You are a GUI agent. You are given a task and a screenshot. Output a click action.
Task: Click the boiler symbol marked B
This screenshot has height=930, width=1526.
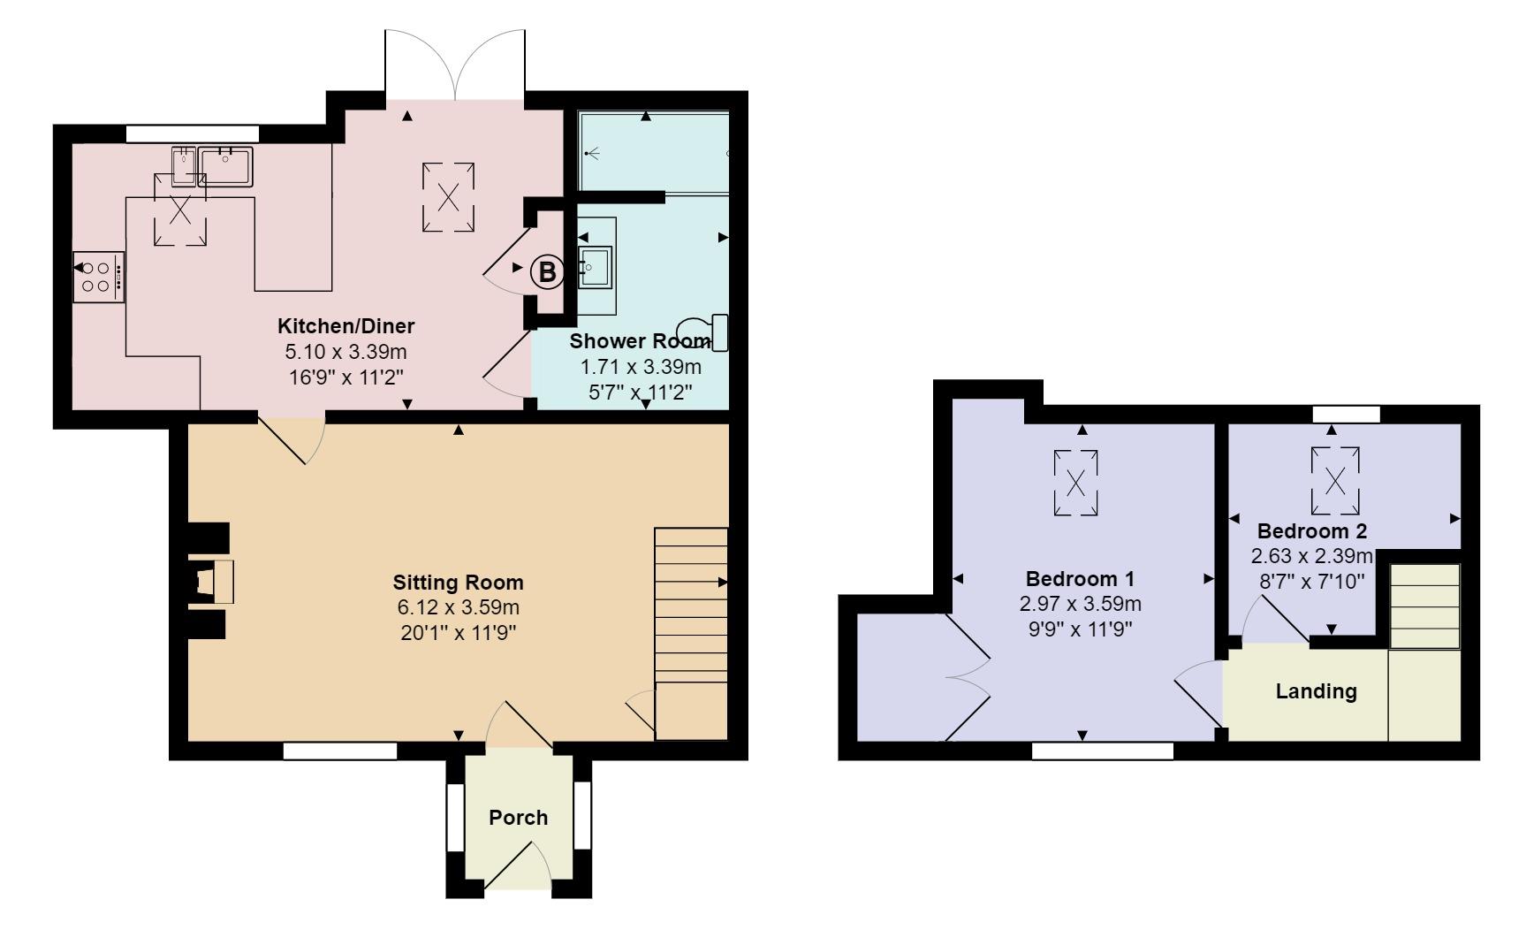547,272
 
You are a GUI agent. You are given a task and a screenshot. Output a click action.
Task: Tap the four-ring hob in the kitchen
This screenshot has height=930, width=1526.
96,276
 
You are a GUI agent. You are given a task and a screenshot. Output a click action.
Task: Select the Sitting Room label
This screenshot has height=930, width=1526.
458,583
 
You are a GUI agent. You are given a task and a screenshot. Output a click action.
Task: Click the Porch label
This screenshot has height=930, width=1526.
519,818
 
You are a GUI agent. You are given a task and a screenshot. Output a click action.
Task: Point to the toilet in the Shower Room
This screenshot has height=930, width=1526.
706,333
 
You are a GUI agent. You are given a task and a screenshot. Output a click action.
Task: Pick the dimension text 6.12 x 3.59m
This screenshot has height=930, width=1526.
458,608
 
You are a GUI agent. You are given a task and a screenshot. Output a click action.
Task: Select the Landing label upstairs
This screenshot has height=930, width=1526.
1316,691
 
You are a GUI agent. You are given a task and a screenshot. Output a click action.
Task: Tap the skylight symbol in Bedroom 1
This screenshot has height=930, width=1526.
1076,484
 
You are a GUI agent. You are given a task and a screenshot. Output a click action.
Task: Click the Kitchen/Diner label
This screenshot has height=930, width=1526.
346,326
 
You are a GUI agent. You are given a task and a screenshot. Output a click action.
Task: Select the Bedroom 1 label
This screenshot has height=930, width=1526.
1080,580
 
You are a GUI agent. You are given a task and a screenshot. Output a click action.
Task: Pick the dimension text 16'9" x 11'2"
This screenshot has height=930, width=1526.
346,377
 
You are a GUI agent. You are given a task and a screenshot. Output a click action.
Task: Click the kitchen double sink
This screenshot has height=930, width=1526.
213,166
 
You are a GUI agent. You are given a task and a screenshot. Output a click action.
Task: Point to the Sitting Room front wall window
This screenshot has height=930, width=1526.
340,751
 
